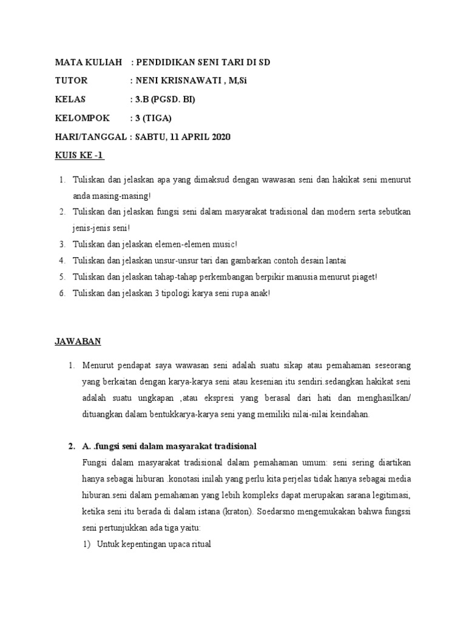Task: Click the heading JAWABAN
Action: coord(78,341)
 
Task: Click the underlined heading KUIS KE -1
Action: coord(79,156)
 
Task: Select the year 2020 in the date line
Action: coord(220,137)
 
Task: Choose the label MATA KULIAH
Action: coord(88,62)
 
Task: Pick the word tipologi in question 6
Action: coord(174,294)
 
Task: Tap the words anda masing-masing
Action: coord(110,196)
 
